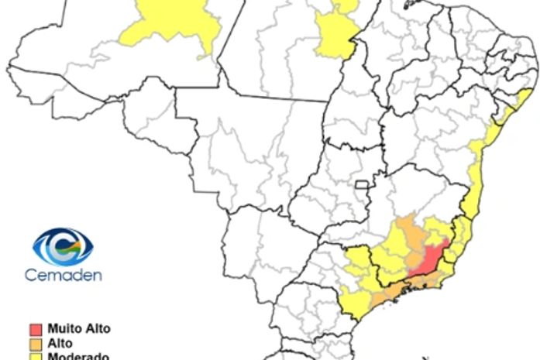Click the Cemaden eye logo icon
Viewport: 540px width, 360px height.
coord(63,247)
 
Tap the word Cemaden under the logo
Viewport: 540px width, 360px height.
coord(63,275)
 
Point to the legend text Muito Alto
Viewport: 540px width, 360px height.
coord(78,329)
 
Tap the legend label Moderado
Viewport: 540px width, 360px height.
coord(77,356)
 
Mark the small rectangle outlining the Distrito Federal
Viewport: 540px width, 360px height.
coord(361,185)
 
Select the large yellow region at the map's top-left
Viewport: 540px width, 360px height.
coord(169,24)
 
